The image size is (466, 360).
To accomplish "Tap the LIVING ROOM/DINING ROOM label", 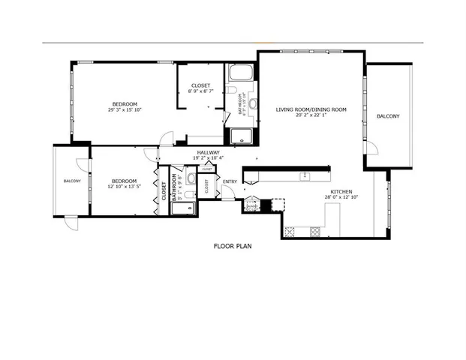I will coord(311,109).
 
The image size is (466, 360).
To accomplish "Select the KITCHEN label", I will coord(341,192).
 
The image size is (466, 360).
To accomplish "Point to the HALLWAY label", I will coord(207,152).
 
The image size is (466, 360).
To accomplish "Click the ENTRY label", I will coord(230,181).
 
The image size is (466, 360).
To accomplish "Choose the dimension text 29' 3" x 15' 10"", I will coord(125,109).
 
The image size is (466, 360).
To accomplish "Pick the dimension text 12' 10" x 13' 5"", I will coord(124,186).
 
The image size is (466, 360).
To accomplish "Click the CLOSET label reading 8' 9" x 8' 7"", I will coord(200,91).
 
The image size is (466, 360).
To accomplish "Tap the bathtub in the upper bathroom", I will coord(242,73).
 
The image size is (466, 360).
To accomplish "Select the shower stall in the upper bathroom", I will coord(242,136).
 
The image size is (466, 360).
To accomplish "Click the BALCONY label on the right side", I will coord(388,116).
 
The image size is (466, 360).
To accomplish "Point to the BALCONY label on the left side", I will coord(72,181).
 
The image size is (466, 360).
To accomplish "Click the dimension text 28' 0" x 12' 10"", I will coord(341,198).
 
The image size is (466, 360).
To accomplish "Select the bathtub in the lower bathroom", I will coord(182,206).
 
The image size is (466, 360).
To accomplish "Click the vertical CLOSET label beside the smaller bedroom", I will coord(164,191).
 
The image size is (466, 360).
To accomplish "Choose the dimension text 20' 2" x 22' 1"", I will coord(311,115).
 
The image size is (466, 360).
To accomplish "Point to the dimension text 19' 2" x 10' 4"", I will coord(207,158).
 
